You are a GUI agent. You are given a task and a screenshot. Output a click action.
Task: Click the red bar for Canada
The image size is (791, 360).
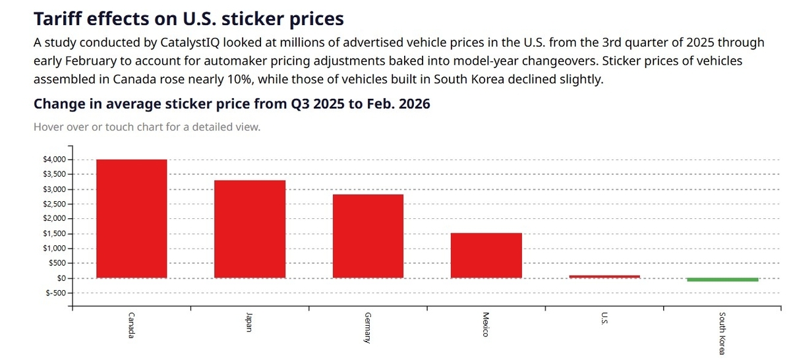coord(131,218)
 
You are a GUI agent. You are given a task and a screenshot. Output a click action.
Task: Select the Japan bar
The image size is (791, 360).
coord(249,229)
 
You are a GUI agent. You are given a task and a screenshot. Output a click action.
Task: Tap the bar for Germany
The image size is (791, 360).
coord(367,236)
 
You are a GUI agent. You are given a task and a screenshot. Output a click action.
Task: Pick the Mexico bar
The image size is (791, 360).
coord(486,255)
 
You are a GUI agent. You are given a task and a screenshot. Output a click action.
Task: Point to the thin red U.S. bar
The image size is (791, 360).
coord(604,276)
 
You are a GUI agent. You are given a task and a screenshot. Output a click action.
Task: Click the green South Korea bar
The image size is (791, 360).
coord(722,280)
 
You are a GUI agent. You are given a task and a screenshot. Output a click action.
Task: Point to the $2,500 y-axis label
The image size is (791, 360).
coord(53,204)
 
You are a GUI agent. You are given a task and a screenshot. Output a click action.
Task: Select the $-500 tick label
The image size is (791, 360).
coord(55,293)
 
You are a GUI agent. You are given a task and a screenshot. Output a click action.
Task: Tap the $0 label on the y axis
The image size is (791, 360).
coord(59,278)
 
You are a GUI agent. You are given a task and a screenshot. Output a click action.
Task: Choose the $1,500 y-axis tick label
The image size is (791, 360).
coord(53,233)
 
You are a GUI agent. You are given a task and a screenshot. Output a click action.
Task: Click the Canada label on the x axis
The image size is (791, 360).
coord(132,324)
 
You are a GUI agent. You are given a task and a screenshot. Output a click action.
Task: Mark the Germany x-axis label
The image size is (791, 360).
coord(368,328)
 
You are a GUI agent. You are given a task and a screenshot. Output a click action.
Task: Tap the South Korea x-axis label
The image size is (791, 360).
coord(722,334)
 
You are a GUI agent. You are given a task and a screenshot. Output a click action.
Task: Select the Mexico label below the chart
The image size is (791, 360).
coord(486,324)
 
